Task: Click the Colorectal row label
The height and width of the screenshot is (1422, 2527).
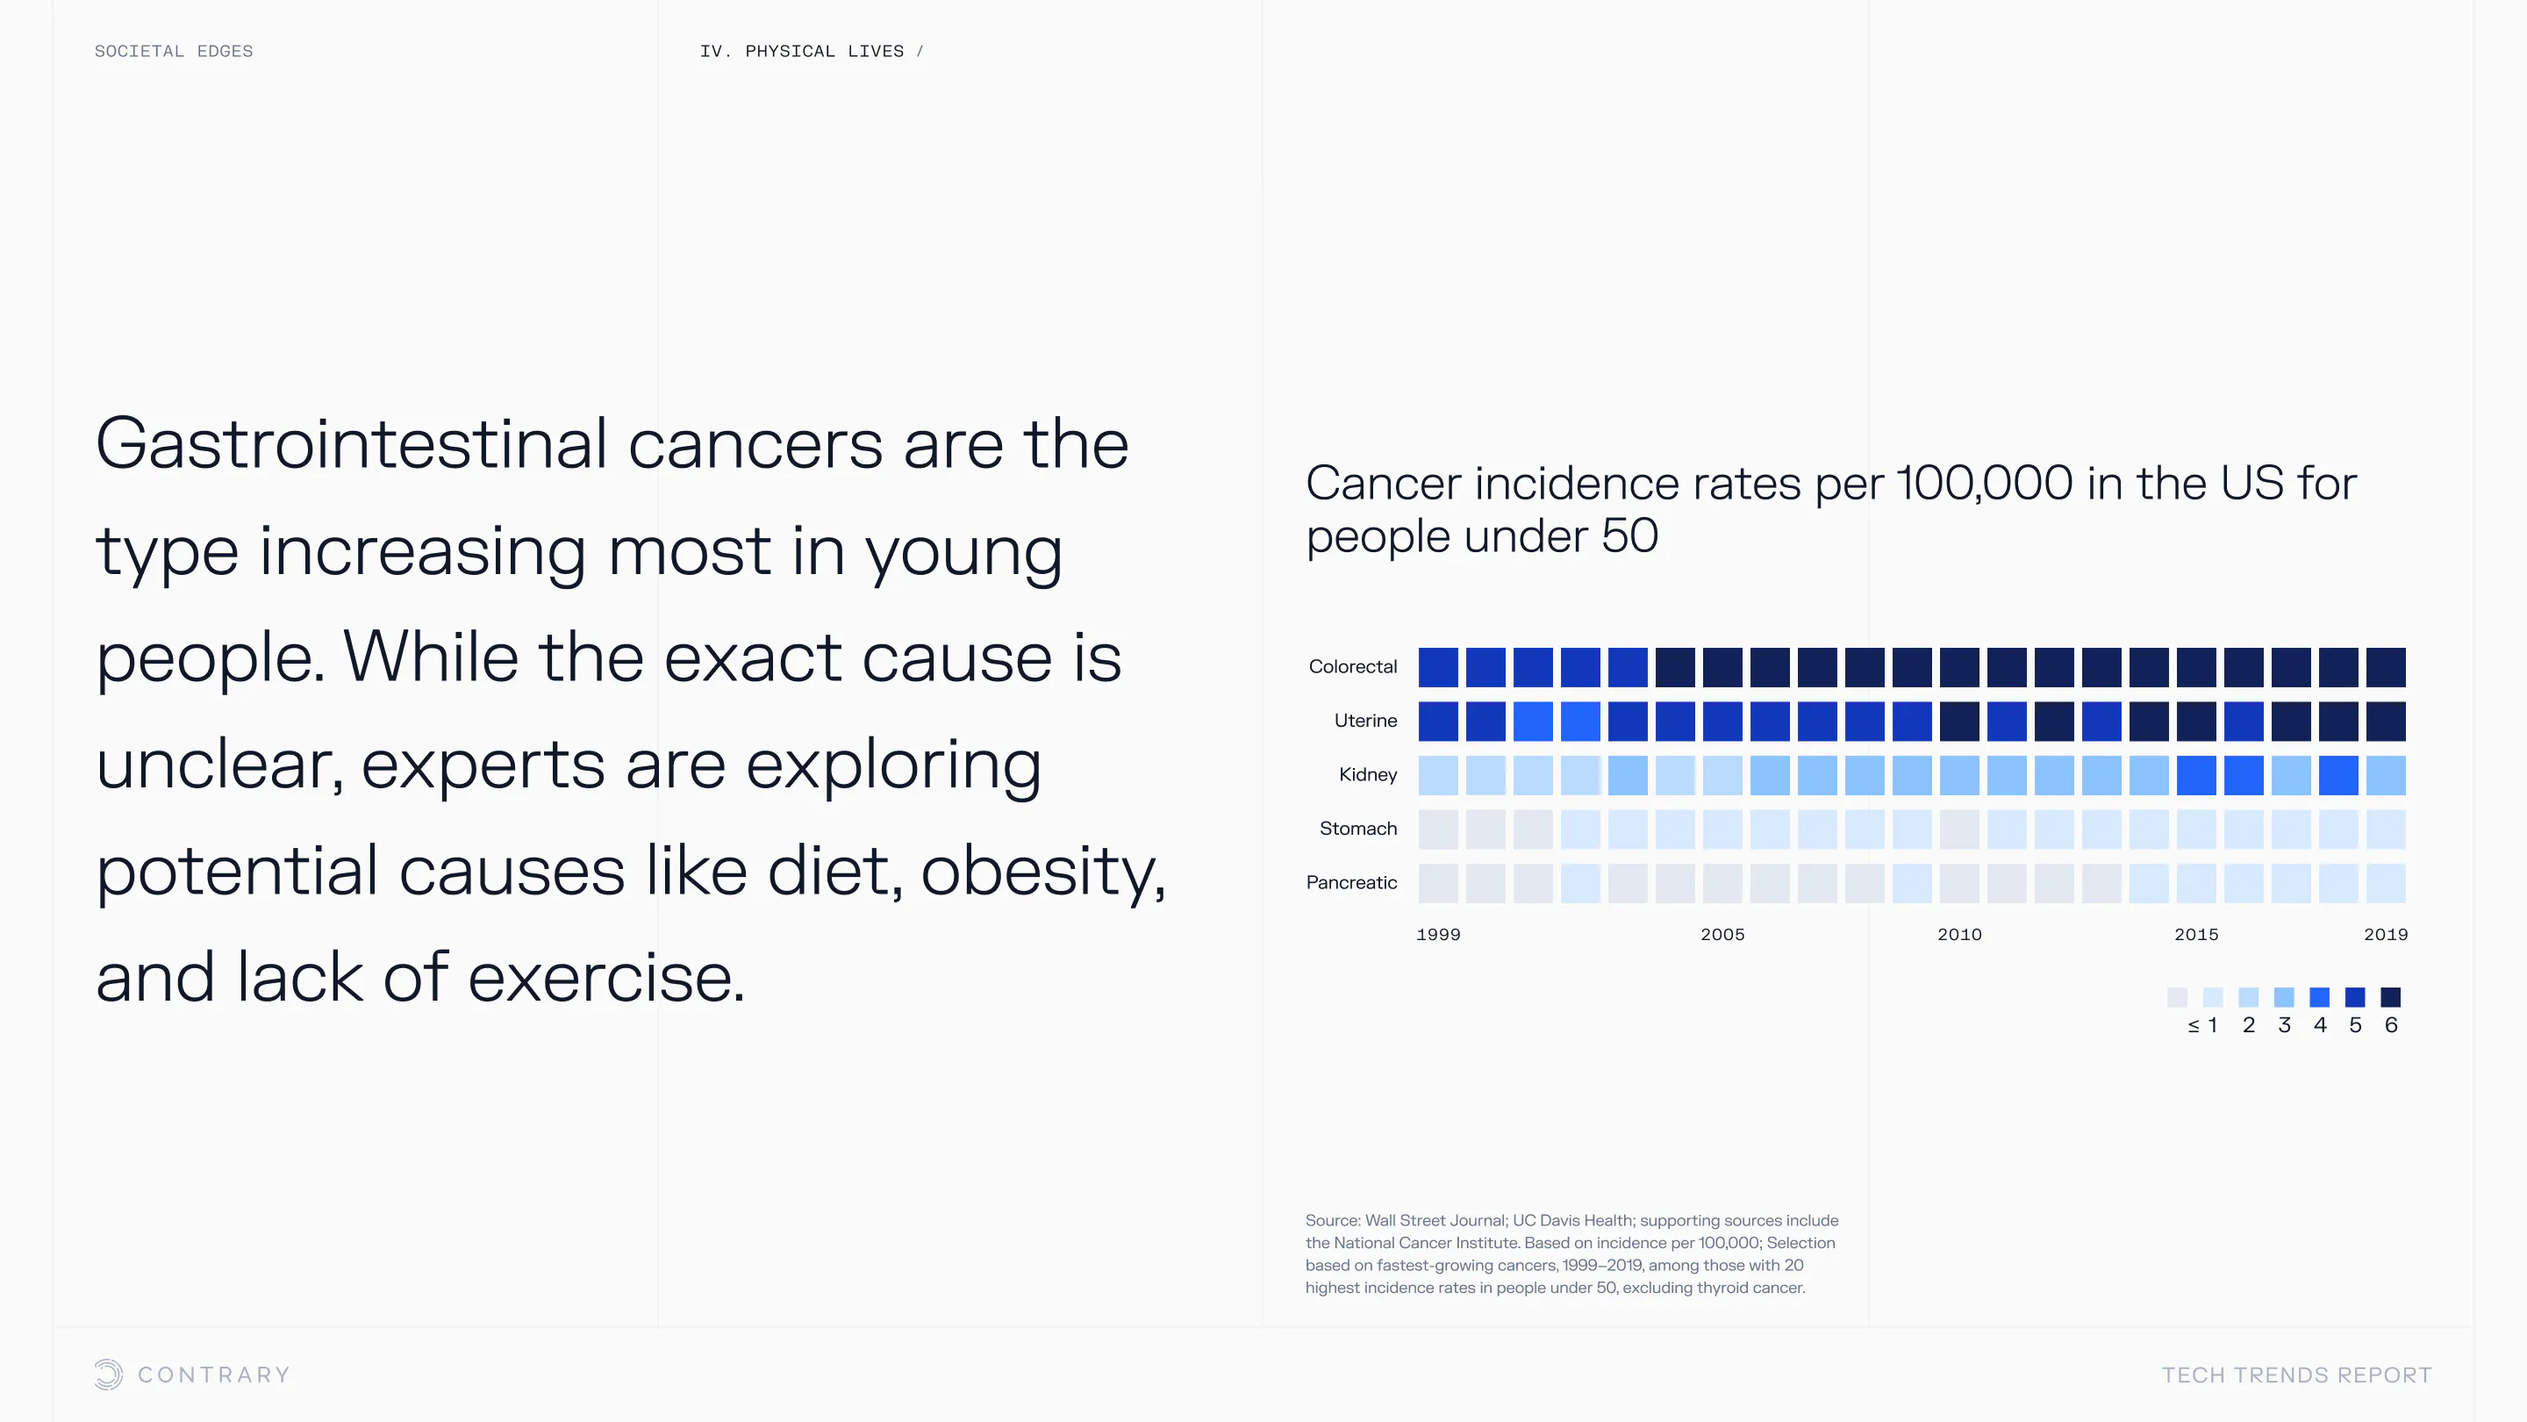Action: click(x=1353, y=666)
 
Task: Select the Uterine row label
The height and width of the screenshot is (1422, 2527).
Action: click(x=1365, y=721)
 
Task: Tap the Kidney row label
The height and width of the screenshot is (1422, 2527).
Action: click(x=1369, y=774)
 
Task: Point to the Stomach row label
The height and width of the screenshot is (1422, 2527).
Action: click(x=1358, y=829)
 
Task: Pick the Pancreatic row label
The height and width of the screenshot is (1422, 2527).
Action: click(x=1352, y=882)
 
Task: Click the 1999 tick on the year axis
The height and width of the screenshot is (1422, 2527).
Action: click(x=1438, y=934)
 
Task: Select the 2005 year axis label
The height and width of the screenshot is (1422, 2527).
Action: click(x=1722, y=934)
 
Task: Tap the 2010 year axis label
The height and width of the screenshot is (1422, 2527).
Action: click(x=1960, y=934)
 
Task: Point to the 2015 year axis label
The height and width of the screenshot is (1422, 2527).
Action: click(x=2196, y=934)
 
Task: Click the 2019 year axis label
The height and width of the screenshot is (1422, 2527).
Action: click(x=2386, y=934)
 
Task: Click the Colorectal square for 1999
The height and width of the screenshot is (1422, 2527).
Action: click(x=1438, y=667)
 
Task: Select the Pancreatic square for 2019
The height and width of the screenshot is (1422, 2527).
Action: click(x=2386, y=883)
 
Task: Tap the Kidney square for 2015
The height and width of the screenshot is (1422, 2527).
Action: click(x=2196, y=775)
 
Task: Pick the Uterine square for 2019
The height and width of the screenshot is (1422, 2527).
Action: click(x=2386, y=722)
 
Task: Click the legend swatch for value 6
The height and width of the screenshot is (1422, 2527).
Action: click(x=2391, y=997)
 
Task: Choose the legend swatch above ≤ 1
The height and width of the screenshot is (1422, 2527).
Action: click(x=2177, y=997)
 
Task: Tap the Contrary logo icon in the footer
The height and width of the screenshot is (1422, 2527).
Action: click(x=109, y=1374)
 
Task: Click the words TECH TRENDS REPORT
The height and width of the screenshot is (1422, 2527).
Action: click(x=2296, y=1375)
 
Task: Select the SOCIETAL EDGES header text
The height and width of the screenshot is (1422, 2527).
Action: click(x=174, y=51)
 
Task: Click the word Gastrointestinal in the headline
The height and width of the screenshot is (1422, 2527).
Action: click(x=351, y=443)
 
